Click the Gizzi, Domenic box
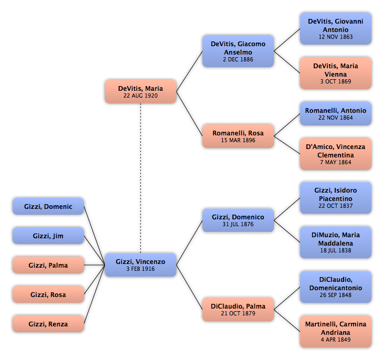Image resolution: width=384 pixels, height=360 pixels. pos(48,206)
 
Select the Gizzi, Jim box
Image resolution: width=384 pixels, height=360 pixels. pos(48,236)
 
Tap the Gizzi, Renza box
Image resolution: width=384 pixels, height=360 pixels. pos(48,324)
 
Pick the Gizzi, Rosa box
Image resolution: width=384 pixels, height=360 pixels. pos(48,294)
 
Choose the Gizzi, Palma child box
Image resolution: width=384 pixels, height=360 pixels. pos(48,265)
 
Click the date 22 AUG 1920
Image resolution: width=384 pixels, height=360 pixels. pos(141,96)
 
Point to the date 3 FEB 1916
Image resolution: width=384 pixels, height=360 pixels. pos(141,269)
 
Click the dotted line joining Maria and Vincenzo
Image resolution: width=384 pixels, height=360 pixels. pos(141,178)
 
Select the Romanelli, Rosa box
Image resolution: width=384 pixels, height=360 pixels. pos(238,136)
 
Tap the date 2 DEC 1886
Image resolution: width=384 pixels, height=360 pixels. pos(238,59)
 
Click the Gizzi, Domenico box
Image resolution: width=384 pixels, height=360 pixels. pos(238,220)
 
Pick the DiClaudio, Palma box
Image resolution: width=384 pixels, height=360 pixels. pos(238,310)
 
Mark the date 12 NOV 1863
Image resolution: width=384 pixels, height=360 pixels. pos(336,37)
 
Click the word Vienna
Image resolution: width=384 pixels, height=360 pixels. pos(336,74)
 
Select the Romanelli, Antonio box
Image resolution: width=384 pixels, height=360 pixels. pos(336,114)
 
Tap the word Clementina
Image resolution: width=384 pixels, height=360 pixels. pos(336,155)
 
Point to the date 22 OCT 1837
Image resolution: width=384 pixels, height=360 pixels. pos(336,206)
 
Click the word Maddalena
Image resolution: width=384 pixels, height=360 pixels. pos(336,243)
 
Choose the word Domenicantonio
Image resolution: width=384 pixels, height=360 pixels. pos(336,288)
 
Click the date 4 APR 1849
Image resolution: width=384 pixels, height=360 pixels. pos(336,340)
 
